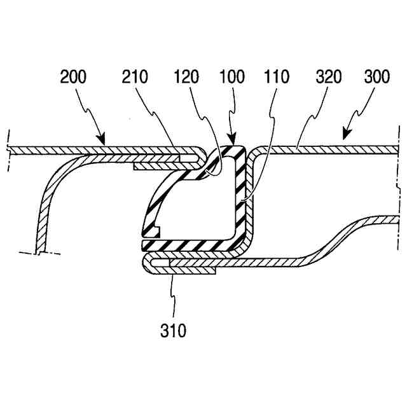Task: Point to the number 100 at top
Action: (x=231, y=78)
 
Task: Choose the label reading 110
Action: (x=275, y=78)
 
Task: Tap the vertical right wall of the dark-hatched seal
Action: (x=240, y=197)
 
